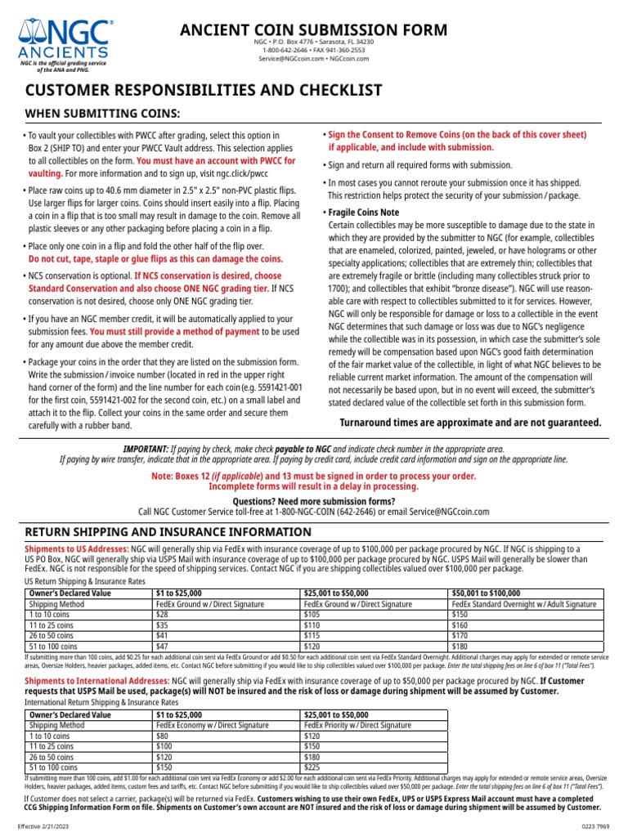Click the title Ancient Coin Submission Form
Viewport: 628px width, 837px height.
click(314, 30)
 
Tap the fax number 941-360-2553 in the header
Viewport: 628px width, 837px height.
click(344, 50)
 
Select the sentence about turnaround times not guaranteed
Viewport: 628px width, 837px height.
click(470, 423)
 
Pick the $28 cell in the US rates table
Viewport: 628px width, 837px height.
click(162, 614)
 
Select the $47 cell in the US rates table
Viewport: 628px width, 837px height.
click(162, 646)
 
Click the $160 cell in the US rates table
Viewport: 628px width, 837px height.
click(460, 624)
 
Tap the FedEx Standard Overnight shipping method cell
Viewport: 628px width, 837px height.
click(524, 603)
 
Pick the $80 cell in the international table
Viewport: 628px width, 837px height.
click(162, 736)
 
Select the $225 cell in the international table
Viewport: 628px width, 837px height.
click(311, 768)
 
